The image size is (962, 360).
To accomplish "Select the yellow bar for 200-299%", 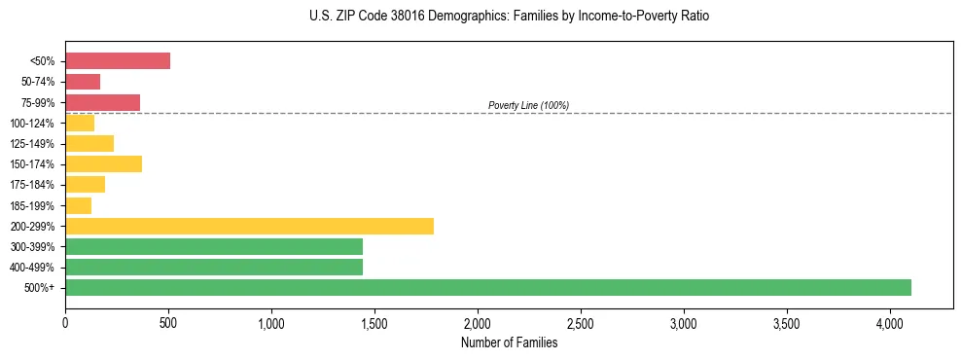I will coord(249,226).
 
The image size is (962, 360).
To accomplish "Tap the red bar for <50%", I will coord(118,61).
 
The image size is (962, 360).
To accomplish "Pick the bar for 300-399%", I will coord(214,246).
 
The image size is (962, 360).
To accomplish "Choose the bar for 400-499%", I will coord(214,267).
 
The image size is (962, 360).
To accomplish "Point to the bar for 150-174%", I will coord(103,164).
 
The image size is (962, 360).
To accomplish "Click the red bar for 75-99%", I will coord(102,102).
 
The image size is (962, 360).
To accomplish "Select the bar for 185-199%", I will coord(78,205).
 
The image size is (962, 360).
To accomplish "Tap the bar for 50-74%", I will coord(83,82).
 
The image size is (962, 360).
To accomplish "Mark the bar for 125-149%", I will coord(89,143).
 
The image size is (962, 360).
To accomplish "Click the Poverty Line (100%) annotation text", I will coord(528,105).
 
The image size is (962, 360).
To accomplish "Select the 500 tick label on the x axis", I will coord(168,323).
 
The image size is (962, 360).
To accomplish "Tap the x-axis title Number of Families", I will coord(509,342).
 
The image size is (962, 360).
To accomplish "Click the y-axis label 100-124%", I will coord(32,124).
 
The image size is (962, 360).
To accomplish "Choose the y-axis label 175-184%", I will coord(32,185).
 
